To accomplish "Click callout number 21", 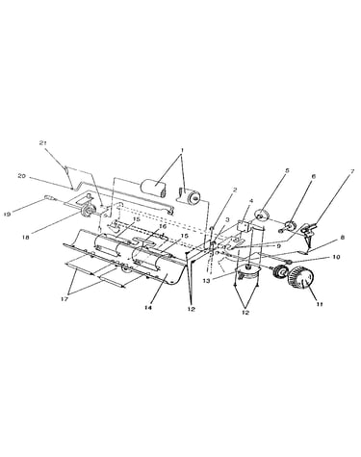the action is coord(43,143).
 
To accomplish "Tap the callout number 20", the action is coord(22,176).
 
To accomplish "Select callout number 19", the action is coord(7,214).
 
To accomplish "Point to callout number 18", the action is coord(26,237).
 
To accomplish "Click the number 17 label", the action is coord(64,299).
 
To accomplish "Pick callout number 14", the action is coord(148,307).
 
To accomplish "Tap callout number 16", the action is coord(163,226).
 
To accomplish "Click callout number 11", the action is coord(320,304).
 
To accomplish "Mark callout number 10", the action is coord(336,257).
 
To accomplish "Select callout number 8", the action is coord(343,238).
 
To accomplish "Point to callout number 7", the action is coord(352,171).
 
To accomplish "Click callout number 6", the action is coord(314,176).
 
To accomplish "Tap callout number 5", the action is coord(287,170).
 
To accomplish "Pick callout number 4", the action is coord(251,201).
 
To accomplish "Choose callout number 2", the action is coord(235,190).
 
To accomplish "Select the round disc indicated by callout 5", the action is coord(263,215).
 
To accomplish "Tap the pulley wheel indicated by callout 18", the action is coord(86,210).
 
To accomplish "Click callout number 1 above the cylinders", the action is coord(182,150).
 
